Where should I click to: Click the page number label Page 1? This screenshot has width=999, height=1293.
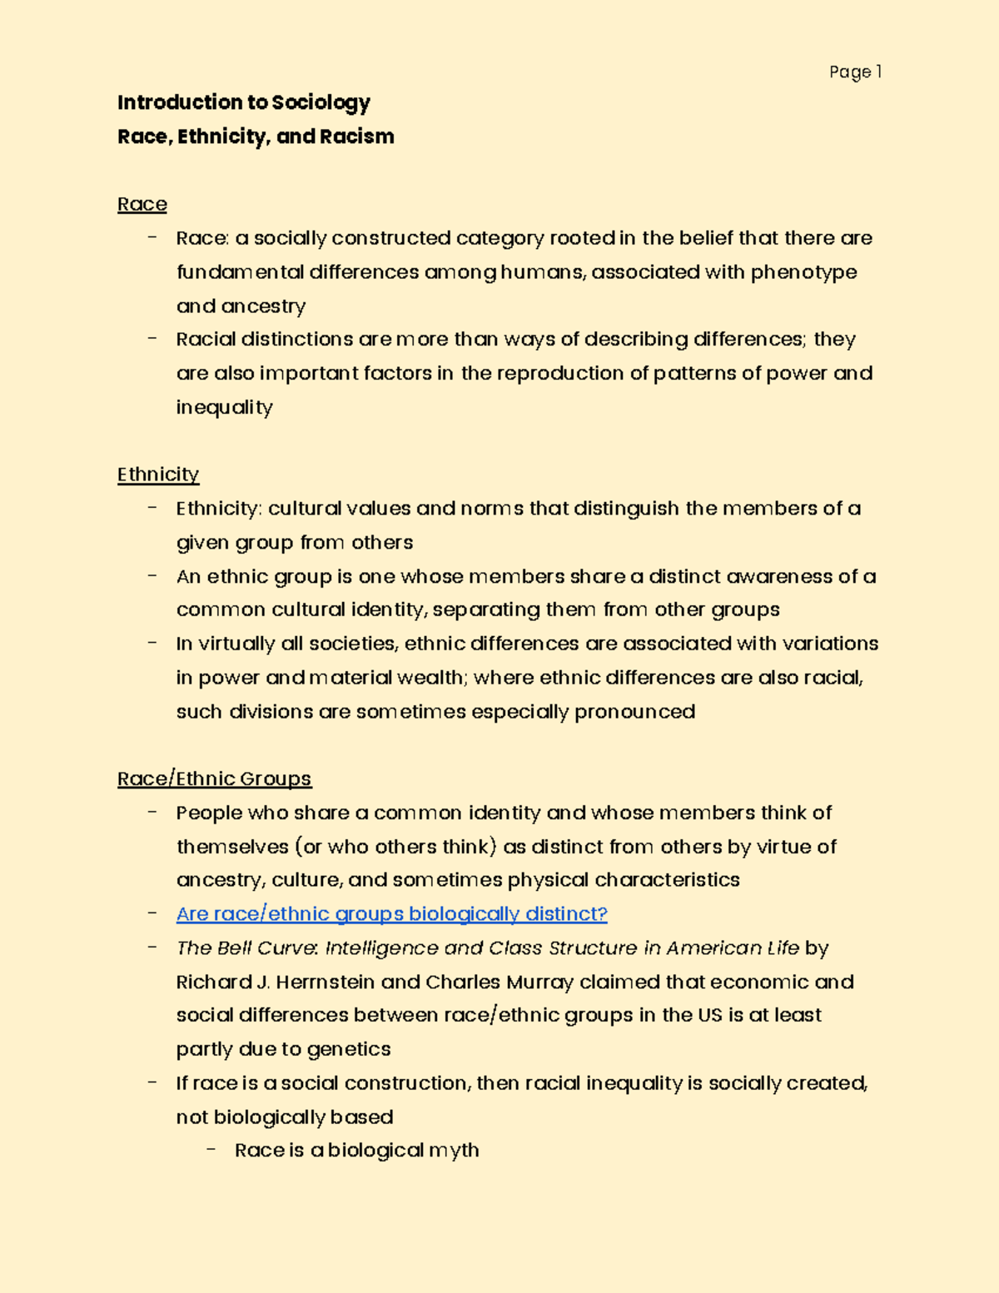click(x=854, y=72)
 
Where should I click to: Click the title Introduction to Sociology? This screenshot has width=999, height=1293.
click(x=243, y=102)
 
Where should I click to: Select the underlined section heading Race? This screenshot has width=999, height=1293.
click(x=142, y=205)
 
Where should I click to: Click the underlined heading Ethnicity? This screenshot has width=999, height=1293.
click(x=158, y=475)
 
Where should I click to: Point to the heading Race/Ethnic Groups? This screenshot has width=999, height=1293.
click(x=214, y=779)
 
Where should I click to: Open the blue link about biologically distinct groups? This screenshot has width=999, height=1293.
click(x=391, y=914)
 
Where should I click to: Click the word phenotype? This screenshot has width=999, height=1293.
click(x=803, y=273)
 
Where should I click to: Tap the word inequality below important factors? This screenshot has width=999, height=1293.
click(x=224, y=408)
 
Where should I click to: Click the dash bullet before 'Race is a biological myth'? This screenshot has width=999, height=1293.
click(x=211, y=1150)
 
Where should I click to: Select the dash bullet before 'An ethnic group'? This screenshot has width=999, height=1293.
click(x=152, y=576)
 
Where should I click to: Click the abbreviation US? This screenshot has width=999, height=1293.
click(x=709, y=1016)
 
